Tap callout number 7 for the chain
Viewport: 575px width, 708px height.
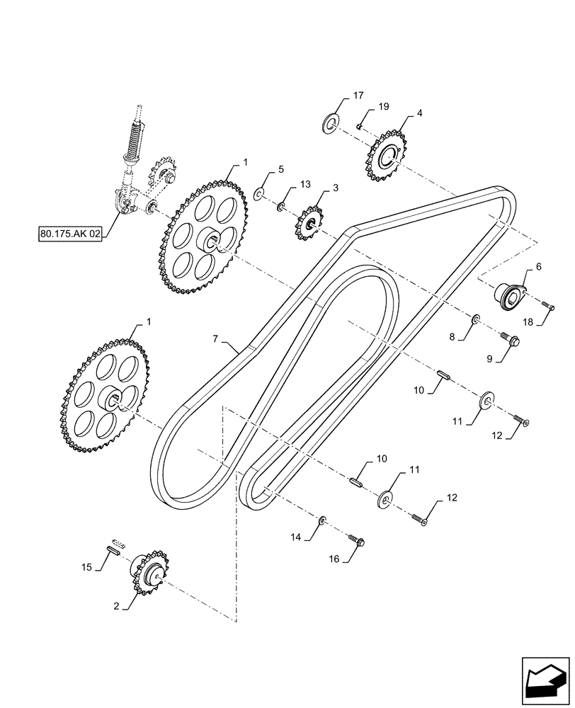215,338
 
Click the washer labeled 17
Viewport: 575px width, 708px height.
331,125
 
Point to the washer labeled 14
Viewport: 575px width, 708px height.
322,521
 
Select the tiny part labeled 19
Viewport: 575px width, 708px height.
360,127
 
